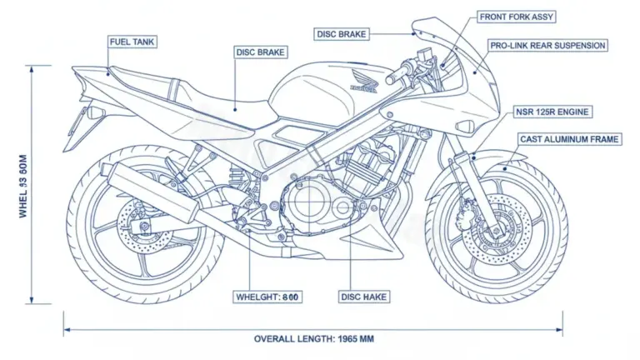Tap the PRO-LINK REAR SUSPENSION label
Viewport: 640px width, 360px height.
547,46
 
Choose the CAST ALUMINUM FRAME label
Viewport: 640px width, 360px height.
569,139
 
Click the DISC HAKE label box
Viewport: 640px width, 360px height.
364,297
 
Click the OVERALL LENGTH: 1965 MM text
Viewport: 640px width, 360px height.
317,339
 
